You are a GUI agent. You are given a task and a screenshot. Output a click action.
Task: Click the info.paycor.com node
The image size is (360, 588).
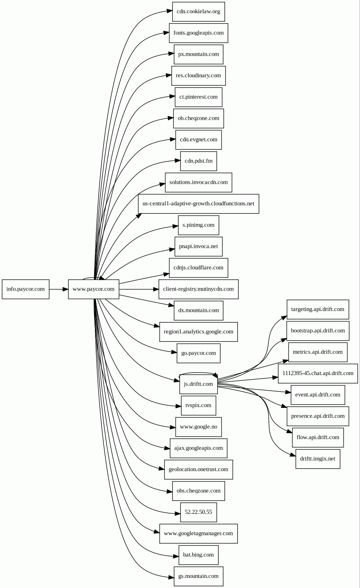coord(26,289)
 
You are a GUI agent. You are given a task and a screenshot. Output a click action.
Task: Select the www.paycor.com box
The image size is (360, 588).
coord(93,289)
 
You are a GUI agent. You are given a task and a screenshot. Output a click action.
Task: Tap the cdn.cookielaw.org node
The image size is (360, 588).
coord(198,12)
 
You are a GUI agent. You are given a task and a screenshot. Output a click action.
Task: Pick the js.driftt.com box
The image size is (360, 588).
coord(198,384)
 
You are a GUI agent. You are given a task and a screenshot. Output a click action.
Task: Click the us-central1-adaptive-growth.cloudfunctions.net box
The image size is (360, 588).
coord(198,204)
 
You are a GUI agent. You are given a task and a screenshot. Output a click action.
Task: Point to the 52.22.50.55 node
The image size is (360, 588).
coord(198,512)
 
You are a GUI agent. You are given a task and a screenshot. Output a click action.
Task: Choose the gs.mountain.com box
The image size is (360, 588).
coord(198,576)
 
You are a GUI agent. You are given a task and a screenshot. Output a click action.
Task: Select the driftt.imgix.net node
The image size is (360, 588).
coord(318,459)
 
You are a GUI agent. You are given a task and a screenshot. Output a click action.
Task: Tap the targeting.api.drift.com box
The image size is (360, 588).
coord(318,309)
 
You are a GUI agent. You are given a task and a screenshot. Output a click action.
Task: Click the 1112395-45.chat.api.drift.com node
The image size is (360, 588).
coord(318,373)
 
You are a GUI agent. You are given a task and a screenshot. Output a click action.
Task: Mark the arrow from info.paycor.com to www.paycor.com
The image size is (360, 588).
coord(58,289)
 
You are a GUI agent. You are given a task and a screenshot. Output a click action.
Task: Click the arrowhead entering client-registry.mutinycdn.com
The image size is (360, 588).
coord(156,289)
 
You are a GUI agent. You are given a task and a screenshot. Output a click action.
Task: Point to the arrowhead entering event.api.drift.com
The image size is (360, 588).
coord(288,393)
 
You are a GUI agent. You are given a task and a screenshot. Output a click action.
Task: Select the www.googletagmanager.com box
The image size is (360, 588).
coord(198,534)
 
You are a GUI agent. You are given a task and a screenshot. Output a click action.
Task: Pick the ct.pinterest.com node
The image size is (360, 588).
coord(198,97)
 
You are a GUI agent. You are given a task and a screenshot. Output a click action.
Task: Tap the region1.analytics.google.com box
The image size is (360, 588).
coord(198,332)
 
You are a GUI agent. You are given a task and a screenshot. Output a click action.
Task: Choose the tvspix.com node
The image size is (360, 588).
coord(198,405)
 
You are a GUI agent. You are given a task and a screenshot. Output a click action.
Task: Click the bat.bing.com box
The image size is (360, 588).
coord(198,555)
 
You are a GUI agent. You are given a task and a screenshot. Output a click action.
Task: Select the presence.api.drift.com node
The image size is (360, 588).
coord(318,416)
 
